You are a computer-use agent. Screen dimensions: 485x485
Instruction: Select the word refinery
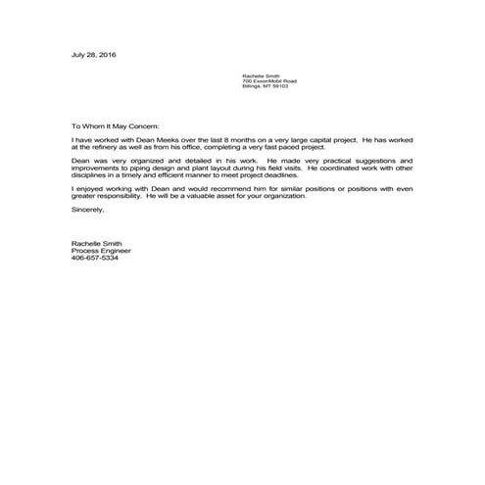[x=105, y=148]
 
